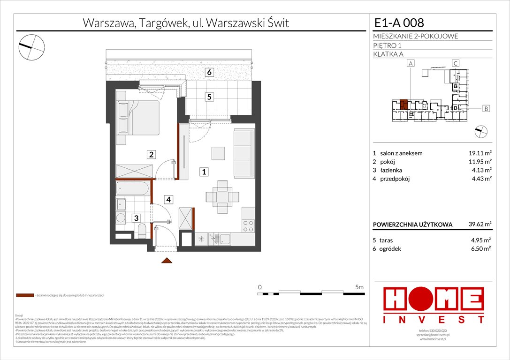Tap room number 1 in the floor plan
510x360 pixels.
pyautogui.click(x=204, y=172)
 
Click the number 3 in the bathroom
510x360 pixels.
pyautogui.click(x=136, y=218)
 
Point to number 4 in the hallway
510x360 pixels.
pyautogui.click(x=167, y=199)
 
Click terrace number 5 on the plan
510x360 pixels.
pyautogui.click(x=210, y=97)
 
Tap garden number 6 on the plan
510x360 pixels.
pyautogui.click(x=210, y=72)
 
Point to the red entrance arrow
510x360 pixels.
pyautogui.click(x=165, y=261)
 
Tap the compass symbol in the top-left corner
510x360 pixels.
pyautogui.click(x=31, y=45)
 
